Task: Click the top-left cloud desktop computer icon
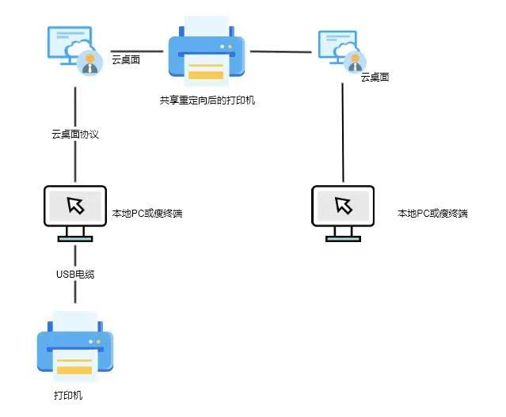[71, 46]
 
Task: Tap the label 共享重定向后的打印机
[207, 100]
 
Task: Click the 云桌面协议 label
[75, 135]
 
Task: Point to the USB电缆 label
[75, 274]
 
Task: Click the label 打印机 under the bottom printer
[68, 394]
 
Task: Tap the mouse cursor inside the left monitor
[75, 206]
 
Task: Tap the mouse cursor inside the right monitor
[344, 206]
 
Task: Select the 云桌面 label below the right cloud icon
[375, 78]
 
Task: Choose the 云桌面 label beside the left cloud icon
[126, 59]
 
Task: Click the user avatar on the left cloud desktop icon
[89, 63]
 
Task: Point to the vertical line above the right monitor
[343, 131]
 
